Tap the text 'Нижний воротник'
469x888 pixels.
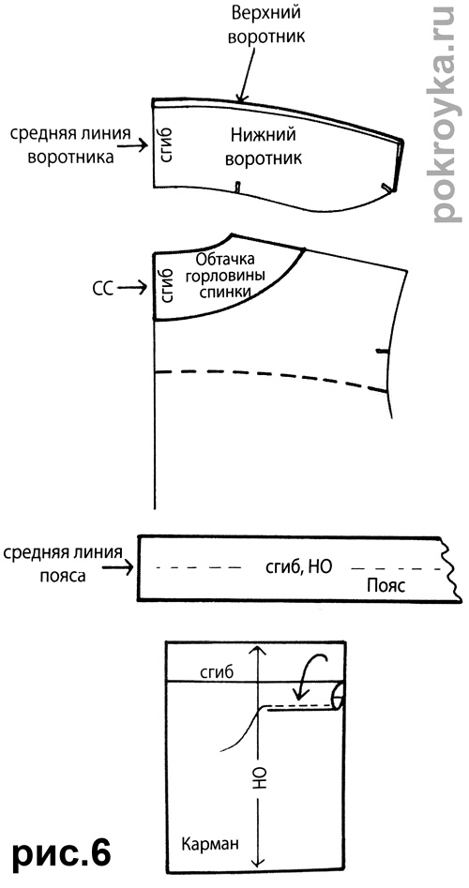click(x=264, y=146)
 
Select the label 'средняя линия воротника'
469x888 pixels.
click(x=70, y=144)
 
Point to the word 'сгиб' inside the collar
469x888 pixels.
click(x=167, y=146)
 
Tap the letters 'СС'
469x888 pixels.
click(x=102, y=289)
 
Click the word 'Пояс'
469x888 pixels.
click(x=386, y=585)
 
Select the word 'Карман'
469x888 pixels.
click(x=210, y=844)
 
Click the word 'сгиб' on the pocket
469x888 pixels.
click(x=217, y=672)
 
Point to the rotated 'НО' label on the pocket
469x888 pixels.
click(x=258, y=780)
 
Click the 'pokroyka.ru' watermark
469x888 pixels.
click(x=444, y=113)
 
